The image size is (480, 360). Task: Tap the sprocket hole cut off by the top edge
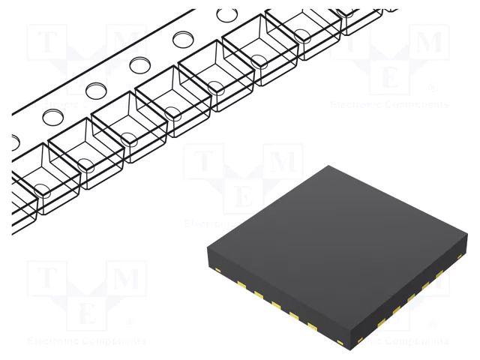[x=225, y=14]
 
